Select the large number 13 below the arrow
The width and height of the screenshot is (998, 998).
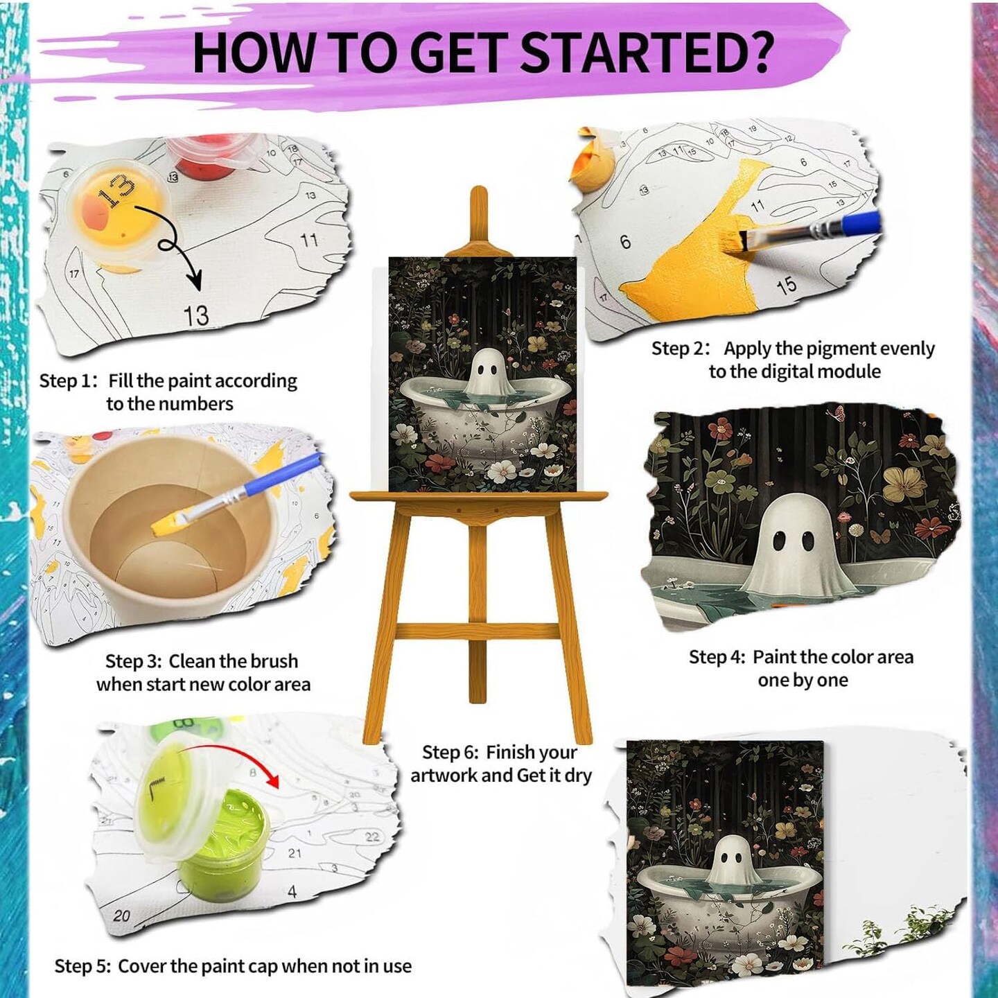point(195,315)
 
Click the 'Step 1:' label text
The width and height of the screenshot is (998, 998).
point(68,381)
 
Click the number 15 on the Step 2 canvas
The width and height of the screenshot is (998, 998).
point(786,285)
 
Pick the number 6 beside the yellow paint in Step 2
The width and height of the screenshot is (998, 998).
point(625,242)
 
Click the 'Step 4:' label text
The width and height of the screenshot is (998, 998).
point(717,657)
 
